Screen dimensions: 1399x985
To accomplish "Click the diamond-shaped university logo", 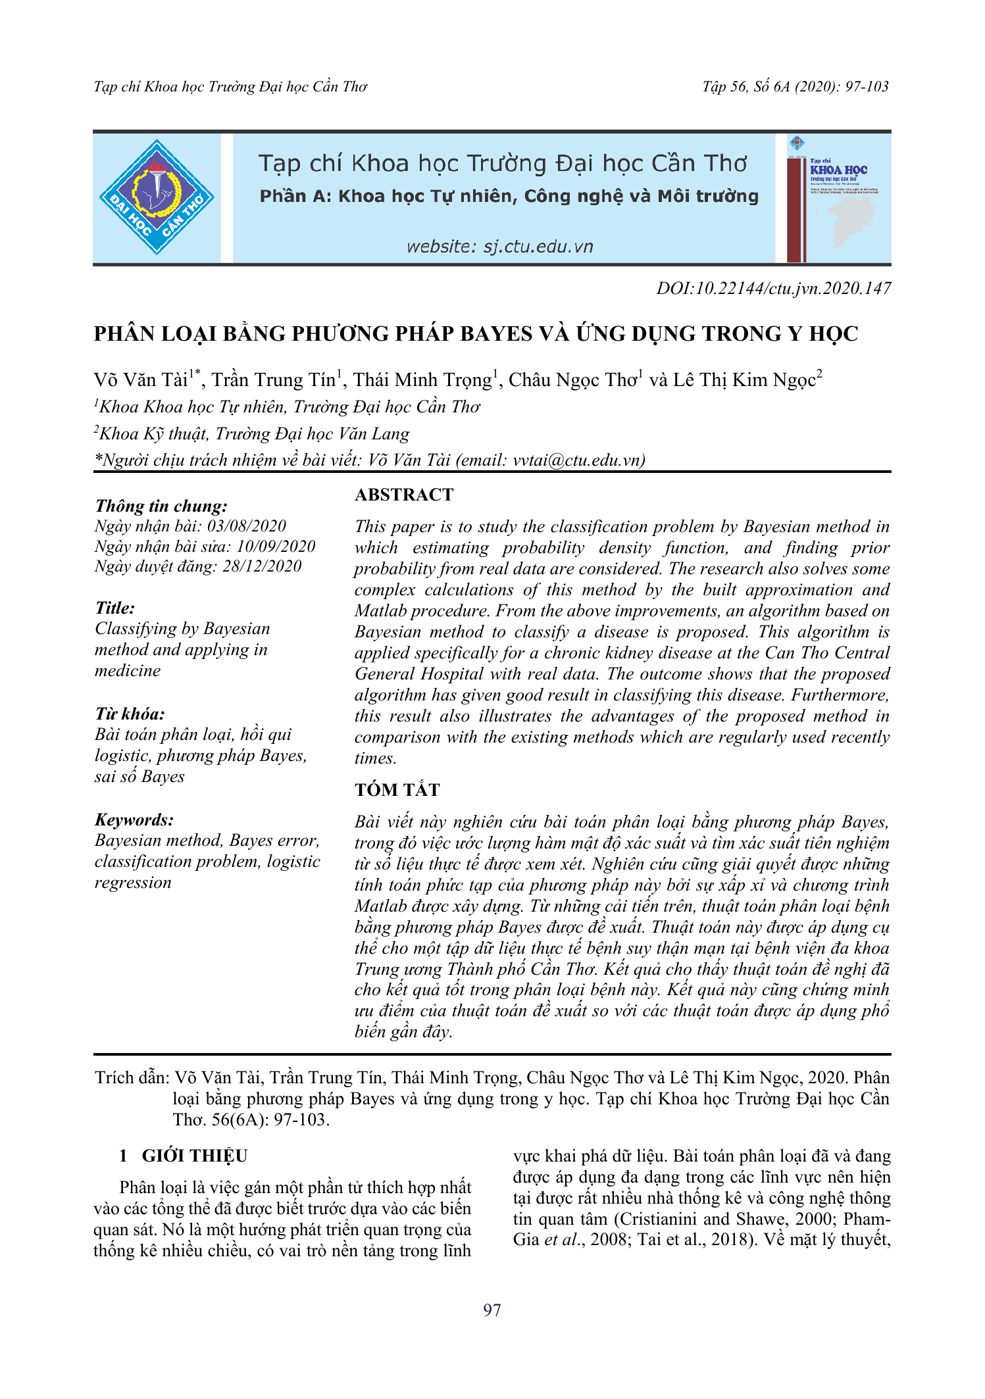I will (157, 197).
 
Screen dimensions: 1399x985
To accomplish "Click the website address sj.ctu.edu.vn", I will (499, 247).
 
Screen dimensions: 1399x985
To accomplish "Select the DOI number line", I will (773, 288).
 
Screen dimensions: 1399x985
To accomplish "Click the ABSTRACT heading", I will (404, 495).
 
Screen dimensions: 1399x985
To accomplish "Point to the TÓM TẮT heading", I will (397, 790).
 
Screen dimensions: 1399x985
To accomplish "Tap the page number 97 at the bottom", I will (492, 1310).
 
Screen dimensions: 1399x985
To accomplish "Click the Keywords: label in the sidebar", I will (134, 820).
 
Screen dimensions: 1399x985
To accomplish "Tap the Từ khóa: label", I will (130, 714).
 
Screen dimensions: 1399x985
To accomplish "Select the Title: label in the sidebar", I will (114, 608).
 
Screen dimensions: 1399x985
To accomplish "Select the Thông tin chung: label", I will (161, 506).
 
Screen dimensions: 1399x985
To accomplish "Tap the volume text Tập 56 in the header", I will (724, 87).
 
